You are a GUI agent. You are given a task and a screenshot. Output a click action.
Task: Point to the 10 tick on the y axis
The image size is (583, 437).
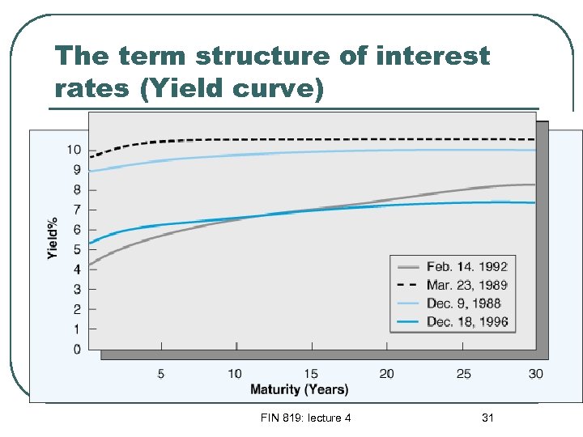click(74, 150)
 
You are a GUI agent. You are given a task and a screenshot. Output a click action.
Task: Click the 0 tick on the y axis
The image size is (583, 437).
click(77, 350)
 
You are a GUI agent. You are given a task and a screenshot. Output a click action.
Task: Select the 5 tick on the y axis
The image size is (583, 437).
click(77, 249)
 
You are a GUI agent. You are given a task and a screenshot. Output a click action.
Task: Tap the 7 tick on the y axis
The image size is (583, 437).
click(77, 210)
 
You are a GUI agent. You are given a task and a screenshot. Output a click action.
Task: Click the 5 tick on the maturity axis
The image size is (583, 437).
click(160, 373)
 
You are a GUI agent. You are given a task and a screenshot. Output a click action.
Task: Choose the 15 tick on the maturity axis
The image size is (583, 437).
click(311, 373)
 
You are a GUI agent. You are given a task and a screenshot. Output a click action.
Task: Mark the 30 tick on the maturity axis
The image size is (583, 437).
click(535, 373)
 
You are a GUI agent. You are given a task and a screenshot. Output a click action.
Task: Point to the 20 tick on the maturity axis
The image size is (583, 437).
click(386, 373)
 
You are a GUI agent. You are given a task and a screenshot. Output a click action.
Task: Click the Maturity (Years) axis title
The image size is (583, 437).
click(300, 389)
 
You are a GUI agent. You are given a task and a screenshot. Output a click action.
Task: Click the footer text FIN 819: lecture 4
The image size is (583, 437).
click(305, 418)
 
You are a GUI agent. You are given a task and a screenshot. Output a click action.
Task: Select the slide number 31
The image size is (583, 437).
click(487, 418)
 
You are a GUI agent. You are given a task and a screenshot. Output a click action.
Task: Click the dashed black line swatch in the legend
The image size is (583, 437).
click(408, 285)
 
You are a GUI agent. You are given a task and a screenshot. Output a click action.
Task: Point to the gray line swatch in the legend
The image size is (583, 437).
click(408, 266)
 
